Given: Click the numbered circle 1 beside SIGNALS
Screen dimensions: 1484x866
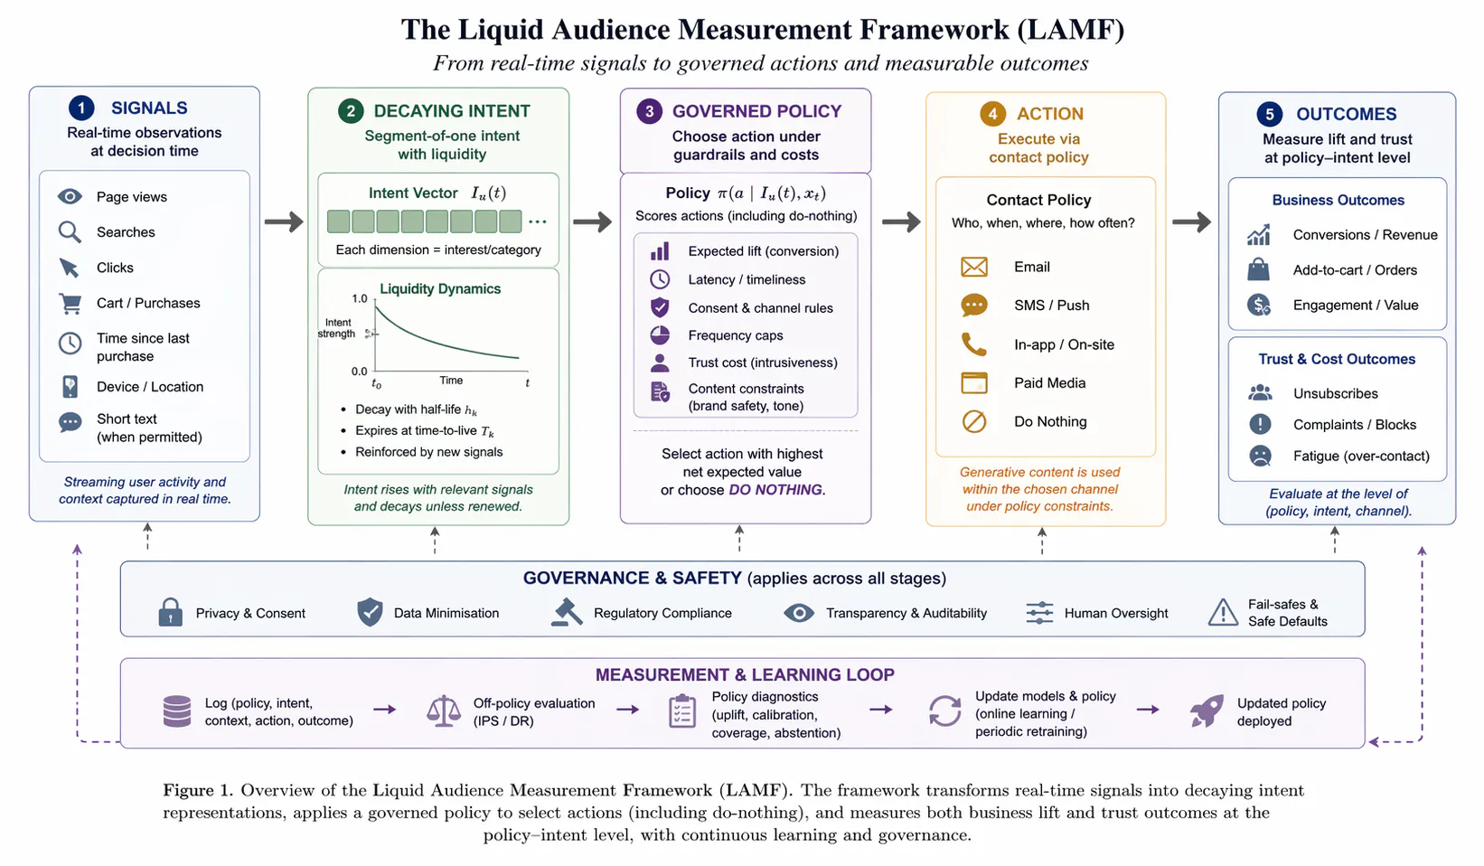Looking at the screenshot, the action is coord(81,108).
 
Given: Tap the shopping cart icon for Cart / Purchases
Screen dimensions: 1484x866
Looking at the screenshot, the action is coord(70,304).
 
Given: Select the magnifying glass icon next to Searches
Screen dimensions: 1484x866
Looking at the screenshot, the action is coord(70,232).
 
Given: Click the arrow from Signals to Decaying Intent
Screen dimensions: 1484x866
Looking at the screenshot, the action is coord(284,221).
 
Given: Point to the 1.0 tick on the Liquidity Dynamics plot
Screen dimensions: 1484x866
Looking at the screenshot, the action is coord(360,299).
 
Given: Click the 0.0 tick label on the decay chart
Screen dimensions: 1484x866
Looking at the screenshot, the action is coord(360,371).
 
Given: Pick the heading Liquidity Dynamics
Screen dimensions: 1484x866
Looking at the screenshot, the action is coord(440,289).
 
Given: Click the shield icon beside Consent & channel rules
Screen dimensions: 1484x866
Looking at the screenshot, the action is coord(660,307).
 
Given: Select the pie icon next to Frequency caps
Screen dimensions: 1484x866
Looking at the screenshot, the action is coord(660,335).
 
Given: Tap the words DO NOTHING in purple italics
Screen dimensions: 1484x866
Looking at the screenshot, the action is coord(775,490).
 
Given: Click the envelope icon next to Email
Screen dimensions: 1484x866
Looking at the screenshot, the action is coord(974,267).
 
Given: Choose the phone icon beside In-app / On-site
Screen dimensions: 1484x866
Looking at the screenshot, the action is coord(974,344).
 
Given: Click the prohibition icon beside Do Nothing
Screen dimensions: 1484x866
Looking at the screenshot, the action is coord(974,421).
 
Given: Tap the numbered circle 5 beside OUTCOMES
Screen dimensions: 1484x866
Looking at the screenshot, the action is coord(1269,114).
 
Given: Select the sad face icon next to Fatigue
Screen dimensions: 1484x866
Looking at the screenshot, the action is coord(1260,456).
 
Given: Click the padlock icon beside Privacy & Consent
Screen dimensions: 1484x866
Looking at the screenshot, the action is coord(170,612).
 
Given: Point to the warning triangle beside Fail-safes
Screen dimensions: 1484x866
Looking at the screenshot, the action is coord(1223,612).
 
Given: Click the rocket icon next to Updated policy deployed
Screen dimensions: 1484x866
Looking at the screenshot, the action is coord(1207,711).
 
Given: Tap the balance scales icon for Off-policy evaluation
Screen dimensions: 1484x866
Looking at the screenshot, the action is coord(443,711).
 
